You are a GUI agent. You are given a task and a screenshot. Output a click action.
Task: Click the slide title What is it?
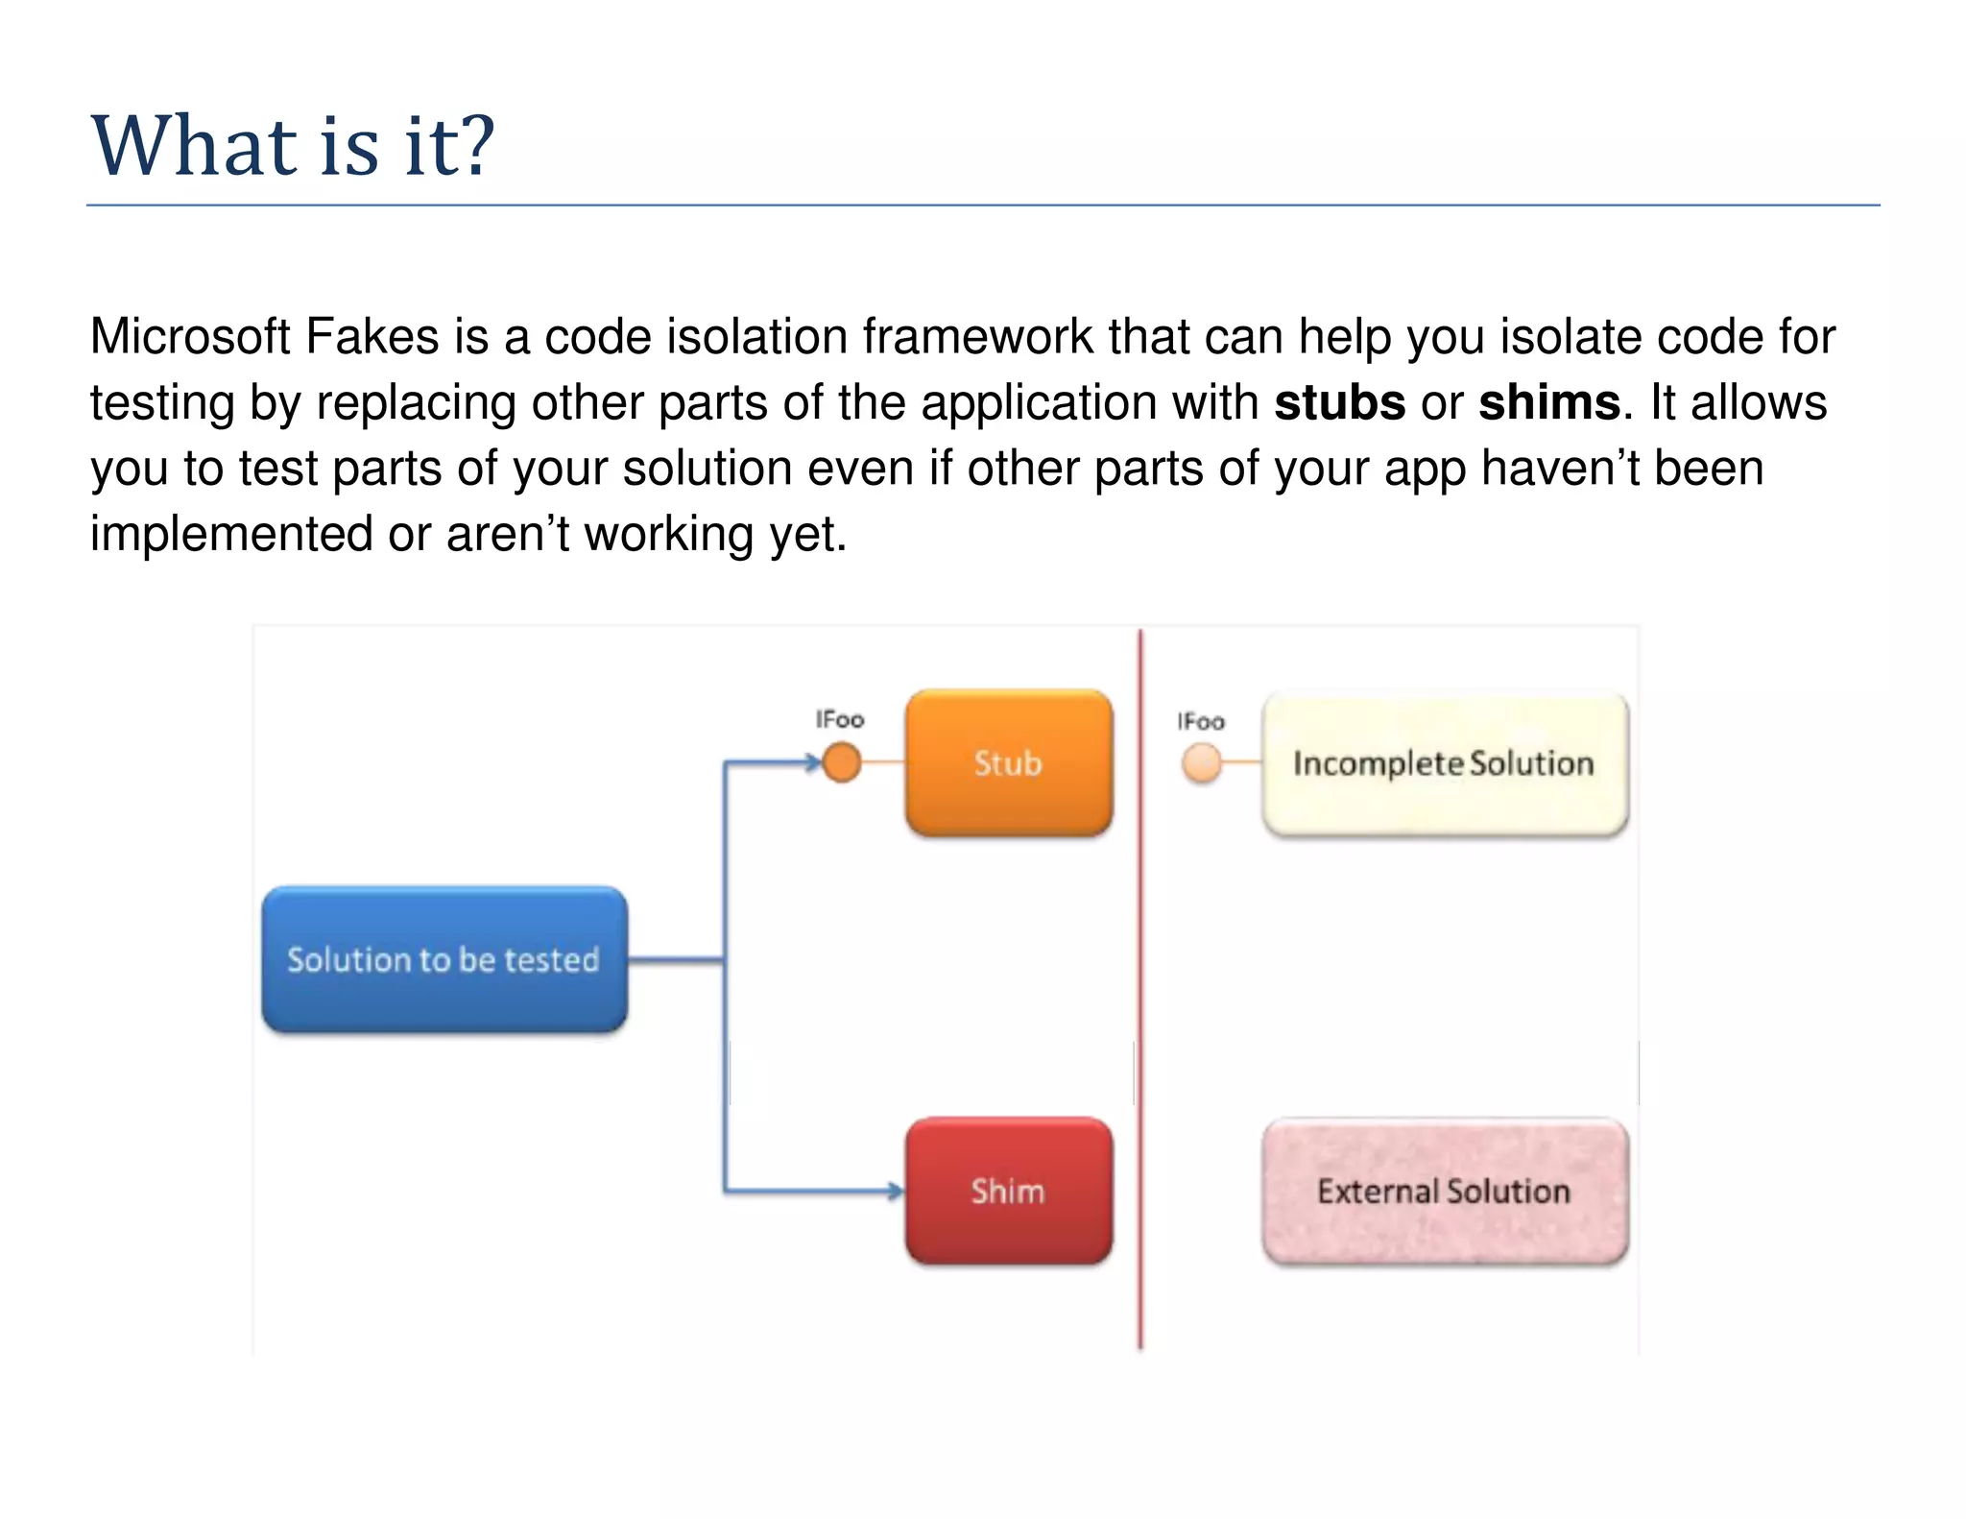pyautogui.click(x=292, y=146)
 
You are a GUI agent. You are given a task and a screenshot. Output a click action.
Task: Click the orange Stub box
pyautogui.click(x=1008, y=762)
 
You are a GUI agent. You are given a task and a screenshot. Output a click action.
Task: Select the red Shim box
pyautogui.click(x=1008, y=1191)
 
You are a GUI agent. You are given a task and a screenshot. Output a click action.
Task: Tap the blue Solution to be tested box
pyautogui.click(x=444, y=959)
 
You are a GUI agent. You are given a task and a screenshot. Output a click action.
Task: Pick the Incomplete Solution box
pyautogui.click(x=1444, y=763)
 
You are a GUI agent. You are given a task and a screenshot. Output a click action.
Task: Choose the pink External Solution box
pyautogui.click(x=1444, y=1191)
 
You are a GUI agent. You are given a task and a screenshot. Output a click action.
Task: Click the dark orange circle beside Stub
pyautogui.click(x=842, y=763)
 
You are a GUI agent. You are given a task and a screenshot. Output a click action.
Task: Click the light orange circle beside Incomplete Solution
pyautogui.click(x=1201, y=763)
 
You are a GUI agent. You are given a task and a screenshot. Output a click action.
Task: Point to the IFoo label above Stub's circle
pyautogui.click(x=840, y=719)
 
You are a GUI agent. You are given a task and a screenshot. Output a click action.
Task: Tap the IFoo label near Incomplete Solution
pyautogui.click(x=1201, y=721)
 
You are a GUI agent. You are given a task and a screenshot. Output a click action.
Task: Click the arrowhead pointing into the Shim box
pyautogui.click(x=896, y=1192)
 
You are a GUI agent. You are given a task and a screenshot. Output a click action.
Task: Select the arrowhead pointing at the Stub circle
pyautogui.click(x=813, y=763)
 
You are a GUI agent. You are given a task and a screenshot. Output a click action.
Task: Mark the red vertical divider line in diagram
pyautogui.click(x=1140, y=989)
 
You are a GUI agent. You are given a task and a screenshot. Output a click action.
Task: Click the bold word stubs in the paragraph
pyautogui.click(x=1339, y=402)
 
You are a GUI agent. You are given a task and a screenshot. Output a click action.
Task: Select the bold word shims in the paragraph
pyautogui.click(x=1548, y=402)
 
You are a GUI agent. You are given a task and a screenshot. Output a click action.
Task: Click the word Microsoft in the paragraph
pyautogui.click(x=189, y=337)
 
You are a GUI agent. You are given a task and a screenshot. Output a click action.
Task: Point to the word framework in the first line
pyautogui.click(x=976, y=337)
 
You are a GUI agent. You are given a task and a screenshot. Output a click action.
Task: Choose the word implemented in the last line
pyautogui.click(x=230, y=534)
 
